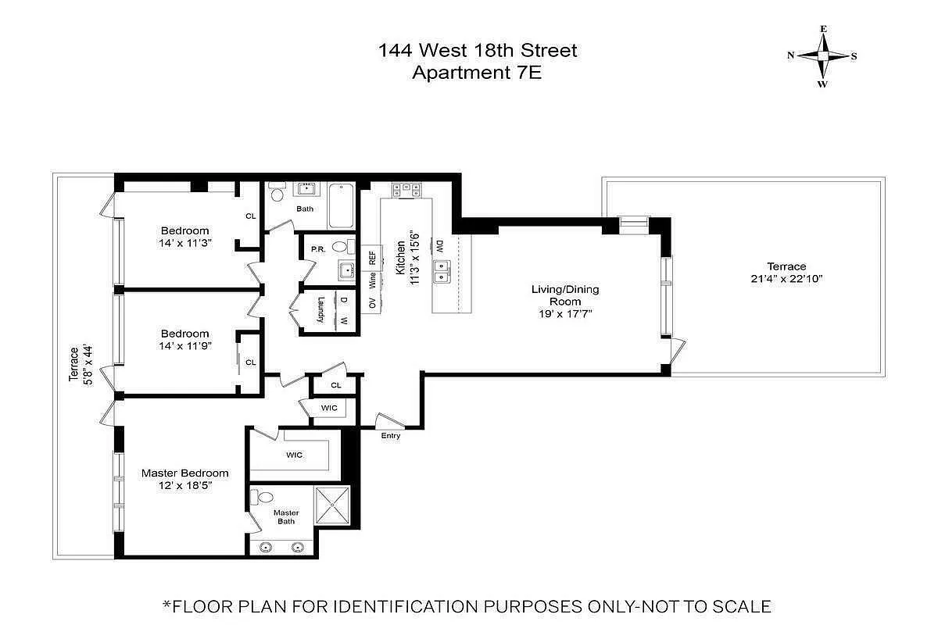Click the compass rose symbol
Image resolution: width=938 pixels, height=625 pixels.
click(x=823, y=56)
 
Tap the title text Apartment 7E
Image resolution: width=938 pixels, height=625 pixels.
click(x=477, y=73)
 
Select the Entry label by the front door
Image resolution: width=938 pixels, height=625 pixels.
click(x=391, y=436)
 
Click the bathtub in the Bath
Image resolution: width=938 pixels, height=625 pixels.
click(x=341, y=205)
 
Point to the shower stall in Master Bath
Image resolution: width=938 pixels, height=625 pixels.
click(x=332, y=505)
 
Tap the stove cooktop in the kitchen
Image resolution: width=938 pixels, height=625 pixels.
click(x=406, y=190)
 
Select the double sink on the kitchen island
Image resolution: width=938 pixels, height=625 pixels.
click(x=442, y=271)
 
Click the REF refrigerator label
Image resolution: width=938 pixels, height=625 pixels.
click(x=372, y=258)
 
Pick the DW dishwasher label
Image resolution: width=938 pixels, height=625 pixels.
click(x=439, y=246)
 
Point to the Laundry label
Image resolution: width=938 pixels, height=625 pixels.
click(x=321, y=310)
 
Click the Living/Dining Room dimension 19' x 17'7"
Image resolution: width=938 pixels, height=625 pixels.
click(x=565, y=313)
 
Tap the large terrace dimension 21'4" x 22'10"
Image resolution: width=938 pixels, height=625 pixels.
click(x=787, y=279)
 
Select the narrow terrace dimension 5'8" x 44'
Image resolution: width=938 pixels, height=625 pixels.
click(x=88, y=365)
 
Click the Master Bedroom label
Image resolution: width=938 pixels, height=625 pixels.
click(x=185, y=473)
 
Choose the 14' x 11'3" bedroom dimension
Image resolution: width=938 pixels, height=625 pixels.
click(x=185, y=243)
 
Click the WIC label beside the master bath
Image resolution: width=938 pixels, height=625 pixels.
click(x=295, y=455)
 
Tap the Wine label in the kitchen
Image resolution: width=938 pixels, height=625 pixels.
click(x=372, y=280)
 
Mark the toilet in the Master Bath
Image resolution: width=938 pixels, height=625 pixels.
click(x=262, y=497)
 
